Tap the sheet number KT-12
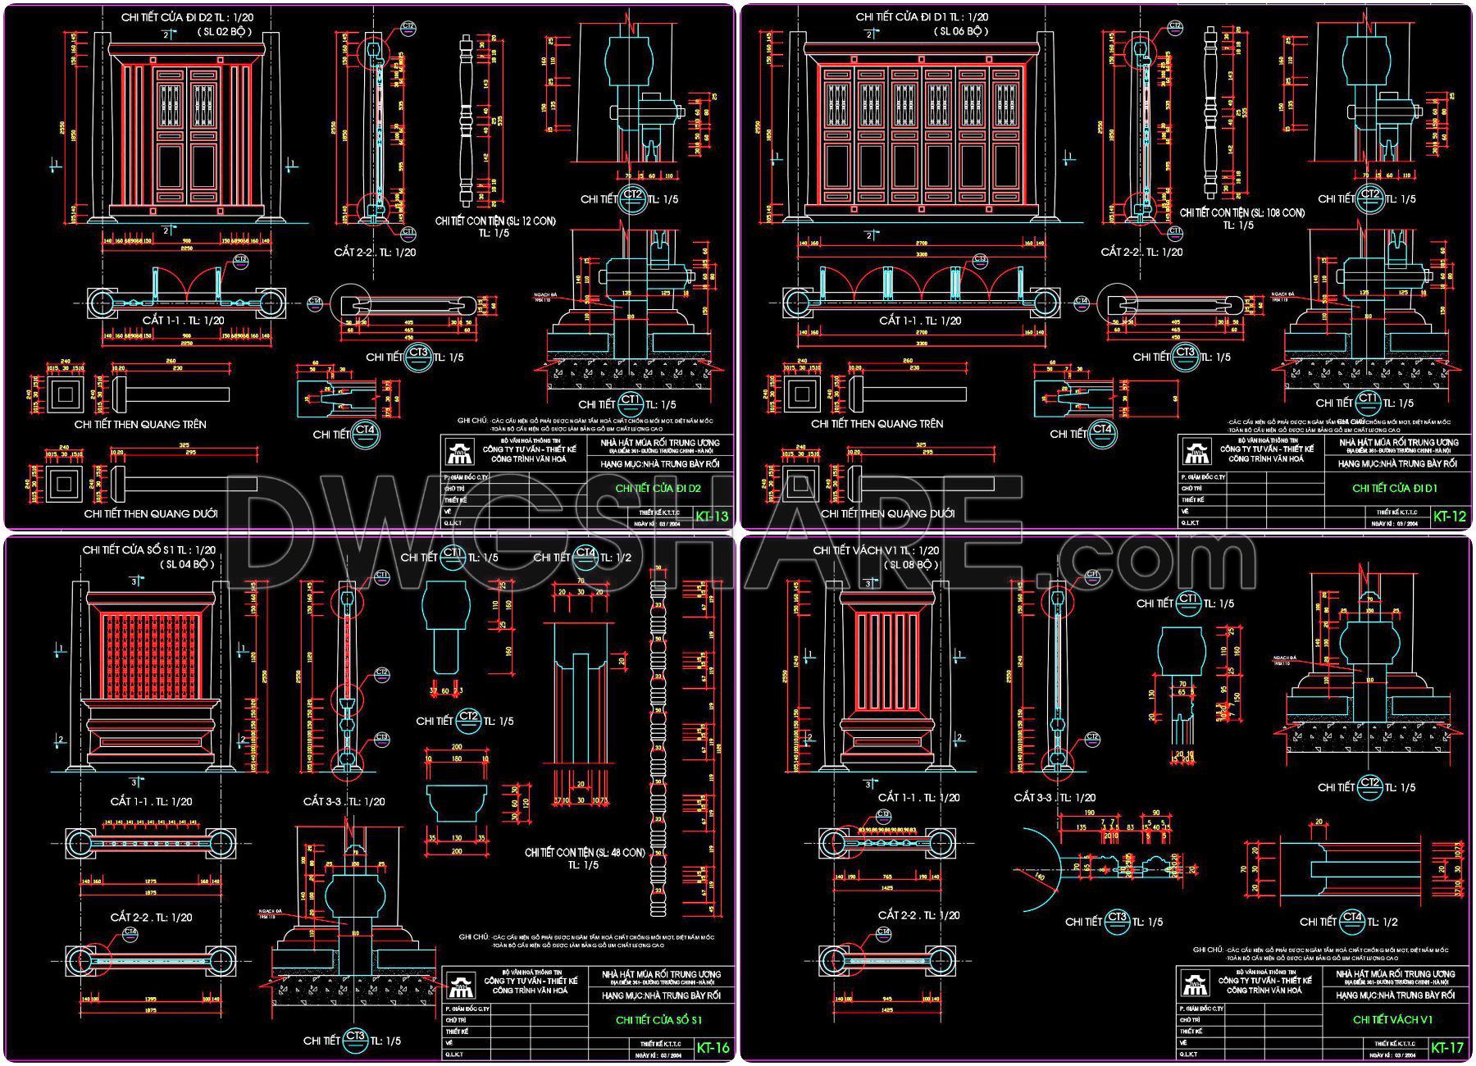click(x=1449, y=516)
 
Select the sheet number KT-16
click(x=712, y=1047)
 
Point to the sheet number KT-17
click(x=1447, y=1047)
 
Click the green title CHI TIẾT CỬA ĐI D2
click(x=658, y=489)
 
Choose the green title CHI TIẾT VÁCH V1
click(x=1392, y=1019)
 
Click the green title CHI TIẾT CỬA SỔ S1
click(x=658, y=1020)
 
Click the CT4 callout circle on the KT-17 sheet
click(x=1352, y=922)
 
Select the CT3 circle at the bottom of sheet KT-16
click(x=355, y=1039)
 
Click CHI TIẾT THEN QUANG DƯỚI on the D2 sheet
click(x=151, y=513)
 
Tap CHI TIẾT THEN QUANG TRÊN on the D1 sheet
click(x=877, y=424)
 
